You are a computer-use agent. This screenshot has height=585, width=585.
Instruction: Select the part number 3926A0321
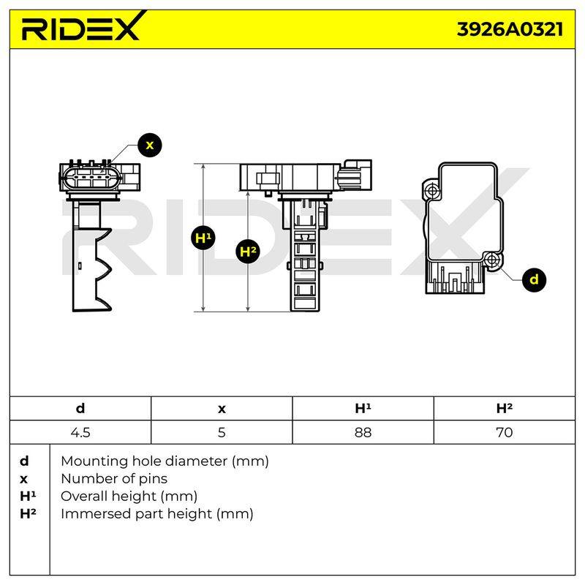pyautogui.click(x=510, y=29)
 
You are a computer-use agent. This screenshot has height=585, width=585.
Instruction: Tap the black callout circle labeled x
pyautogui.click(x=150, y=145)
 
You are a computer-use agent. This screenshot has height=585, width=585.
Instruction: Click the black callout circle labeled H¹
pyautogui.click(x=203, y=238)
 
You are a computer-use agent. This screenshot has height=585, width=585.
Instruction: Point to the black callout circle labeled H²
pyautogui.click(x=248, y=251)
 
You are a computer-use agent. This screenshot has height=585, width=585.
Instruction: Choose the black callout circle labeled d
pyautogui.click(x=534, y=279)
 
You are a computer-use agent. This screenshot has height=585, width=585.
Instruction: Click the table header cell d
pyautogui.click(x=80, y=409)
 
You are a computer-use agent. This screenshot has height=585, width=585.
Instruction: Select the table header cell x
pyautogui.click(x=222, y=409)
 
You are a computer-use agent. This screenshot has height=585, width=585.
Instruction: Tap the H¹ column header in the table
pyautogui.click(x=363, y=409)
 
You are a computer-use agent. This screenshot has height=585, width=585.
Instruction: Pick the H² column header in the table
pyautogui.click(x=505, y=409)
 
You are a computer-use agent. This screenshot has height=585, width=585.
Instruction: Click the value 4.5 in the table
pyautogui.click(x=80, y=432)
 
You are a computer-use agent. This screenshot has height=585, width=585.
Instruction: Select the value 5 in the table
pyautogui.click(x=222, y=432)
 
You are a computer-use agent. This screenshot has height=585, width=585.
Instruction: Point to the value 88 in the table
pyautogui.click(x=363, y=432)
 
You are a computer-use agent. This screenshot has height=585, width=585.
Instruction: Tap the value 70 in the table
pyautogui.click(x=505, y=432)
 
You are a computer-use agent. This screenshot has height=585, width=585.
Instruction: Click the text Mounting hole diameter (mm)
pyautogui.click(x=165, y=461)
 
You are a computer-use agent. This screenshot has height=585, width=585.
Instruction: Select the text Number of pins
pyautogui.click(x=114, y=479)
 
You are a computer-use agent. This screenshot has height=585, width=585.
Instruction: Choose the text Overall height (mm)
pyautogui.click(x=129, y=497)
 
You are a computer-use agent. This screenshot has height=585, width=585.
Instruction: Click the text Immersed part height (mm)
pyautogui.click(x=156, y=514)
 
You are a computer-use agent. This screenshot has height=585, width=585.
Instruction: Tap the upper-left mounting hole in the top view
pyautogui.click(x=433, y=191)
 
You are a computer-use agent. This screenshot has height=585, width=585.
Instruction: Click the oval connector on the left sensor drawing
pyautogui.click(x=90, y=178)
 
